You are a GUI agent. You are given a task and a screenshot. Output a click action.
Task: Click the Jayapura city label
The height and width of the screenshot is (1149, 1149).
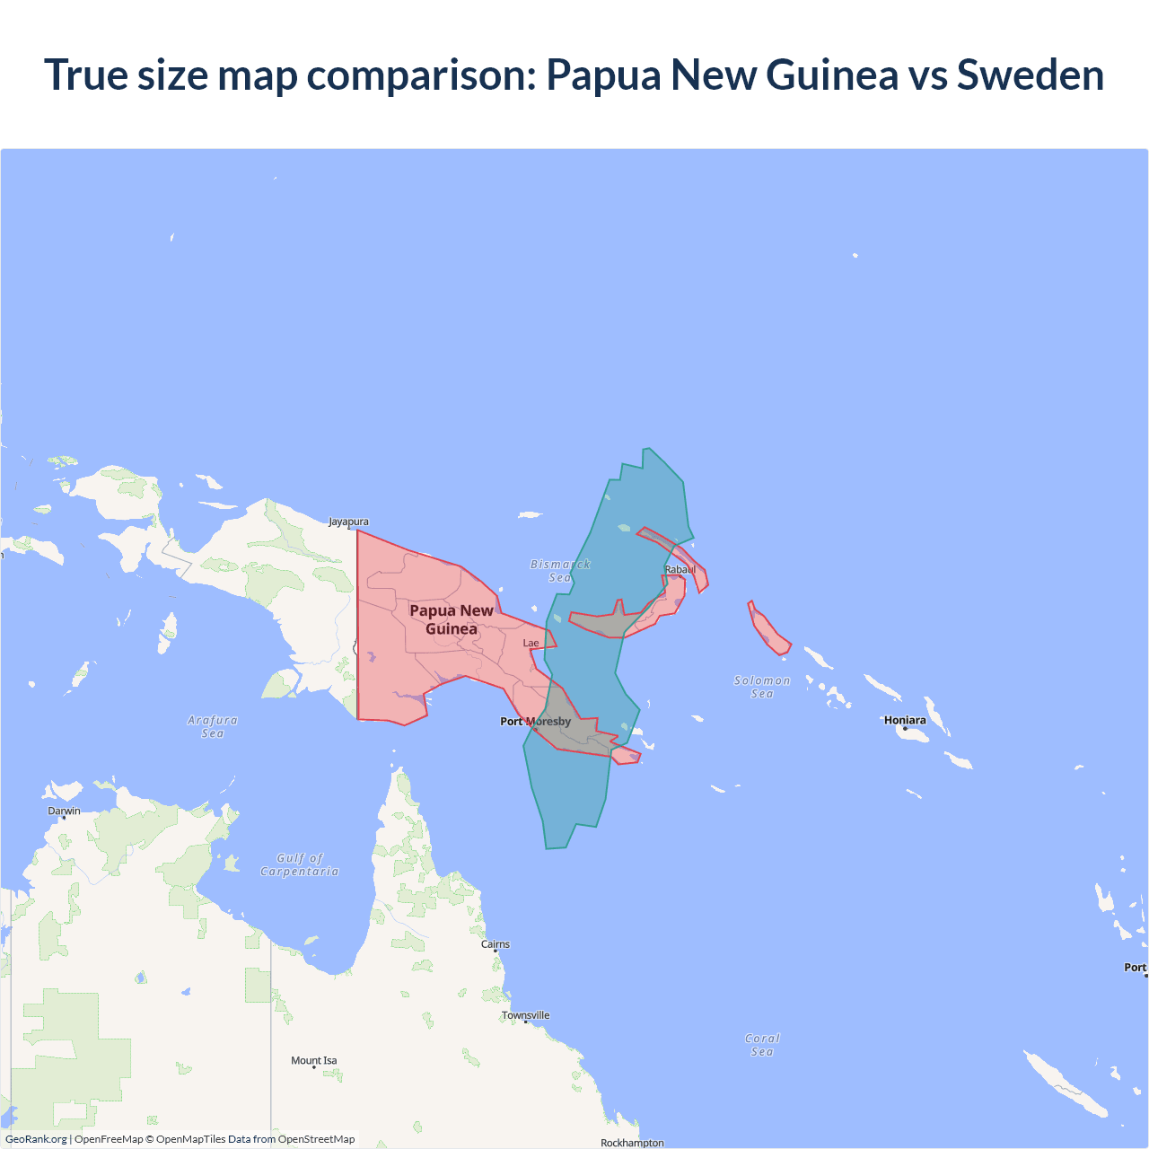pyautogui.click(x=348, y=522)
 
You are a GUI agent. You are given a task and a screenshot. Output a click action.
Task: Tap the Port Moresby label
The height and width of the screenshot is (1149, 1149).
pyautogui.click(x=535, y=721)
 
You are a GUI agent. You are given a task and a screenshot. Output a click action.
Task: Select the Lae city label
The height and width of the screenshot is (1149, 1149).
pyautogui.click(x=531, y=643)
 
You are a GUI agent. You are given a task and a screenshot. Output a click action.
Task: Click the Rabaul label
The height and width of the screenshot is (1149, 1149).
pyautogui.click(x=680, y=569)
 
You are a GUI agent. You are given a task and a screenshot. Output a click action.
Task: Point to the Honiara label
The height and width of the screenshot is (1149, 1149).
pyautogui.click(x=904, y=720)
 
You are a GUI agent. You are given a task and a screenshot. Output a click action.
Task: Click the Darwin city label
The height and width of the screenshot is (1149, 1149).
pyautogui.click(x=64, y=811)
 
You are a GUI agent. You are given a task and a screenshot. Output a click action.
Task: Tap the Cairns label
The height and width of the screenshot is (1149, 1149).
pyautogui.click(x=495, y=944)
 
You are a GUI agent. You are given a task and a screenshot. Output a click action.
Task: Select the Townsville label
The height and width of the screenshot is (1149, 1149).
pyautogui.click(x=525, y=1015)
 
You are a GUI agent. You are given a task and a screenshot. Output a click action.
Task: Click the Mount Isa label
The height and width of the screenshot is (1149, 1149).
pyautogui.click(x=313, y=1060)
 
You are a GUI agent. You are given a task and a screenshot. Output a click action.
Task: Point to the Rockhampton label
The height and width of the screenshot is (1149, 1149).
pyautogui.click(x=632, y=1143)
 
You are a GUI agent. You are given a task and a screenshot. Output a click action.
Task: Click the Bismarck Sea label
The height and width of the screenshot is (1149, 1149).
pyautogui.click(x=560, y=571)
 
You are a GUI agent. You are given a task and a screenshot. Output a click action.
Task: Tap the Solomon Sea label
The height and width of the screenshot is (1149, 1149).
pyautogui.click(x=762, y=687)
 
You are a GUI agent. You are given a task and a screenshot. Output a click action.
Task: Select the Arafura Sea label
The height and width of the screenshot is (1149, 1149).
pyautogui.click(x=213, y=726)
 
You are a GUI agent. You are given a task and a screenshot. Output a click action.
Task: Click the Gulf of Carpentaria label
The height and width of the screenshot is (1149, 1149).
pyautogui.click(x=300, y=864)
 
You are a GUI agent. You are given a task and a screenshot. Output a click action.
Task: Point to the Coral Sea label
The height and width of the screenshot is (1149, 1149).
pyautogui.click(x=762, y=1045)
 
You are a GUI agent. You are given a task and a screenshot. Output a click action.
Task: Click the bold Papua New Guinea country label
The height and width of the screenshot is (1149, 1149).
pyautogui.click(x=452, y=619)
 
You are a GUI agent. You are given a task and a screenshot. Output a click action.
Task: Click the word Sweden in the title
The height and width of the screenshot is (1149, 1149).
pyautogui.click(x=1030, y=75)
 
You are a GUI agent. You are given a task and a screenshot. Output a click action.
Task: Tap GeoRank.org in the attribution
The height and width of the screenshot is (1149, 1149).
pyautogui.click(x=36, y=1139)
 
